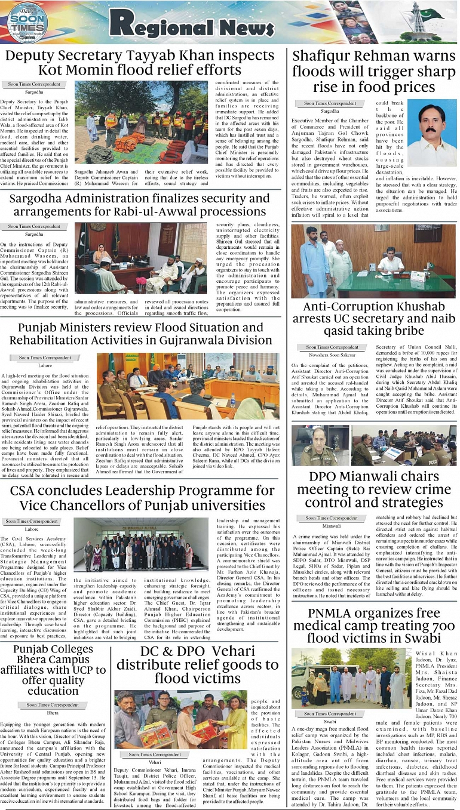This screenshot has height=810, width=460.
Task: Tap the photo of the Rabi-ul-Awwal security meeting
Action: (140, 258)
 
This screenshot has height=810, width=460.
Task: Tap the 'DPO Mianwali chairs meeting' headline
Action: (374, 489)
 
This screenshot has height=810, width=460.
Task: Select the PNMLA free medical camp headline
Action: (374, 627)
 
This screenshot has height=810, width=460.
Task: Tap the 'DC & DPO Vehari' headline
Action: (197, 665)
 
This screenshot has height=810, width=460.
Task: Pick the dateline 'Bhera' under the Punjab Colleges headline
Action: (53, 713)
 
